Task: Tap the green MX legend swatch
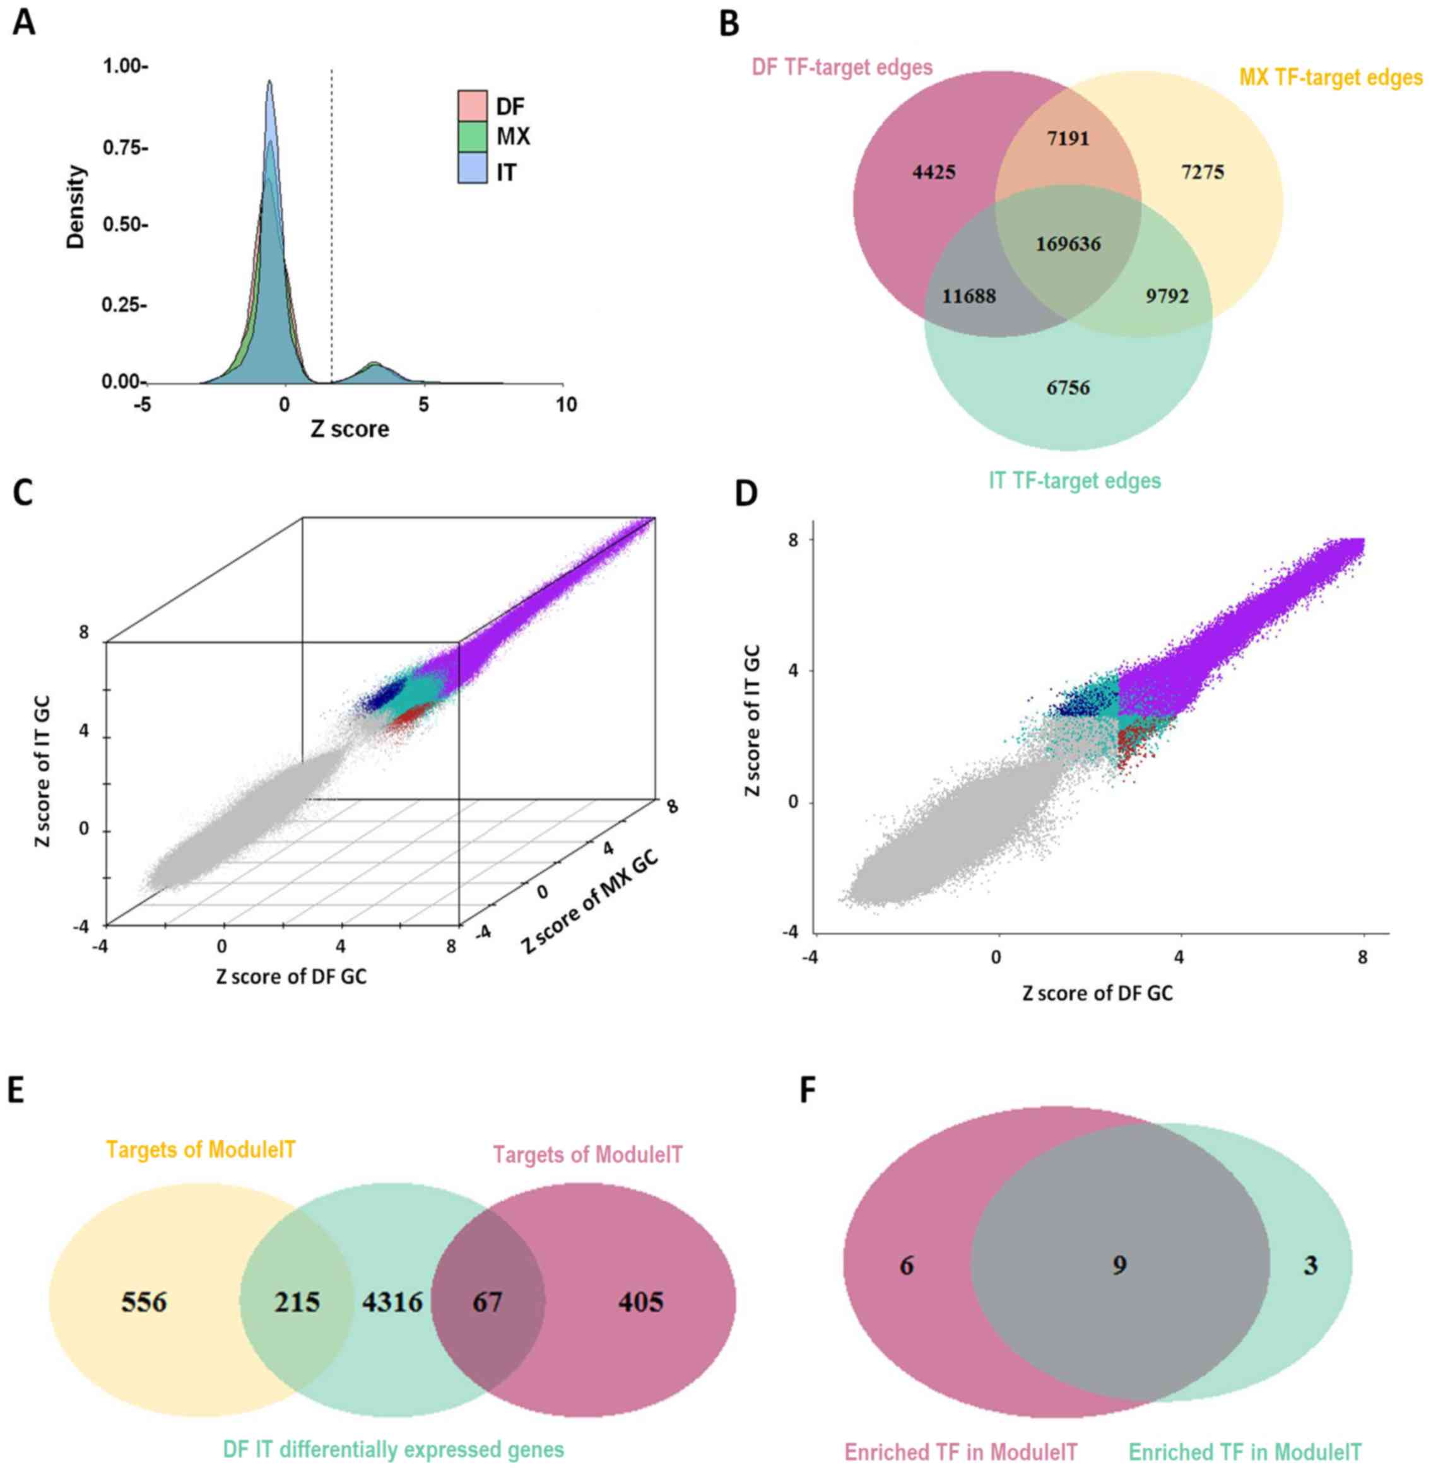(x=473, y=137)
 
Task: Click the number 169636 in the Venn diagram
(x=1068, y=244)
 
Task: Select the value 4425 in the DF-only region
(x=934, y=173)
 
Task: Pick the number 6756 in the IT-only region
(x=1068, y=388)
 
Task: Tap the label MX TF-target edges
(x=1330, y=78)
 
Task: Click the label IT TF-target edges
(x=1075, y=480)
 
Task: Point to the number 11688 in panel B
(x=969, y=296)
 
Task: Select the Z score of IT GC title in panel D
(x=752, y=720)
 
